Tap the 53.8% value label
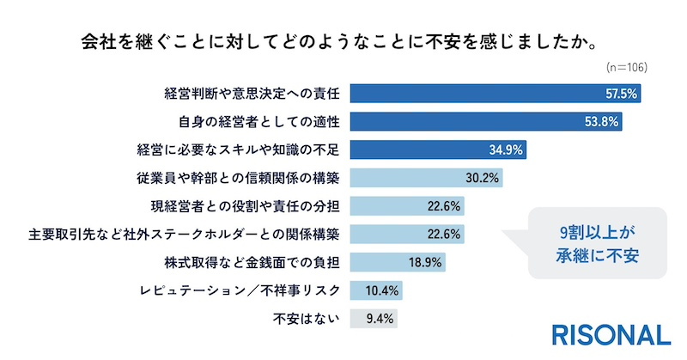point(602,122)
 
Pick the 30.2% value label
point(483,179)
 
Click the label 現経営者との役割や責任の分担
point(246,206)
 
